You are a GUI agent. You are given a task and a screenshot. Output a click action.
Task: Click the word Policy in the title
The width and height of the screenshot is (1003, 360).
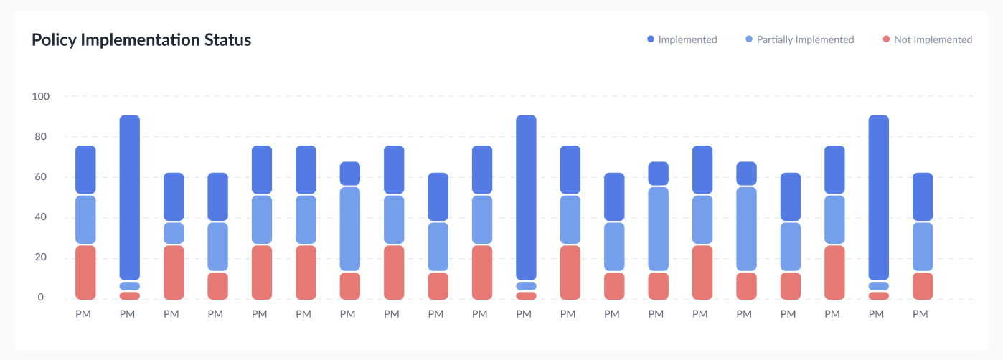click(54, 39)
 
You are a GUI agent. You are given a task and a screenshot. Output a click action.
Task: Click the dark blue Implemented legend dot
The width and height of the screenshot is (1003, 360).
click(651, 39)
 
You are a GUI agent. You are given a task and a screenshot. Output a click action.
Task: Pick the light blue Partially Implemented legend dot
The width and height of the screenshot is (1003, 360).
click(749, 39)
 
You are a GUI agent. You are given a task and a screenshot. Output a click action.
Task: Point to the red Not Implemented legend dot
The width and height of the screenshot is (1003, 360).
click(887, 39)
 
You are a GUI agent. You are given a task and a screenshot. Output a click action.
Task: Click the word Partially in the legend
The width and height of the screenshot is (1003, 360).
click(775, 39)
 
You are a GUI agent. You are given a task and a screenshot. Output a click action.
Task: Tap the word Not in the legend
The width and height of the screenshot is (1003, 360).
click(902, 39)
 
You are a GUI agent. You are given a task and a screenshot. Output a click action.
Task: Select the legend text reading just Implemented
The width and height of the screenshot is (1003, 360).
click(687, 39)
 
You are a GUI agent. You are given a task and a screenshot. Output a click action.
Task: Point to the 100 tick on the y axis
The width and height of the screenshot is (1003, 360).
click(40, 96)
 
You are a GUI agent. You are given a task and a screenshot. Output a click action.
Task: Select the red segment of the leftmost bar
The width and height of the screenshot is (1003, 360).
click(85, 273)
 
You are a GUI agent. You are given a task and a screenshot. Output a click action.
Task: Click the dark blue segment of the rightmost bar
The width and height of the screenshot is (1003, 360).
click(923, 196)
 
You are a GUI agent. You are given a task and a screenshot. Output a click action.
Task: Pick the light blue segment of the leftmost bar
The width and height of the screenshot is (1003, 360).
click(85, 219)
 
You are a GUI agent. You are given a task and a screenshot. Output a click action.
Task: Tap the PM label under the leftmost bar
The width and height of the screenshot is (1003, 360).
click(83, 314)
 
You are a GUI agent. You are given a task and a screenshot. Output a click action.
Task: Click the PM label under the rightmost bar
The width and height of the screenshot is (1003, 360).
click(920, 314)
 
